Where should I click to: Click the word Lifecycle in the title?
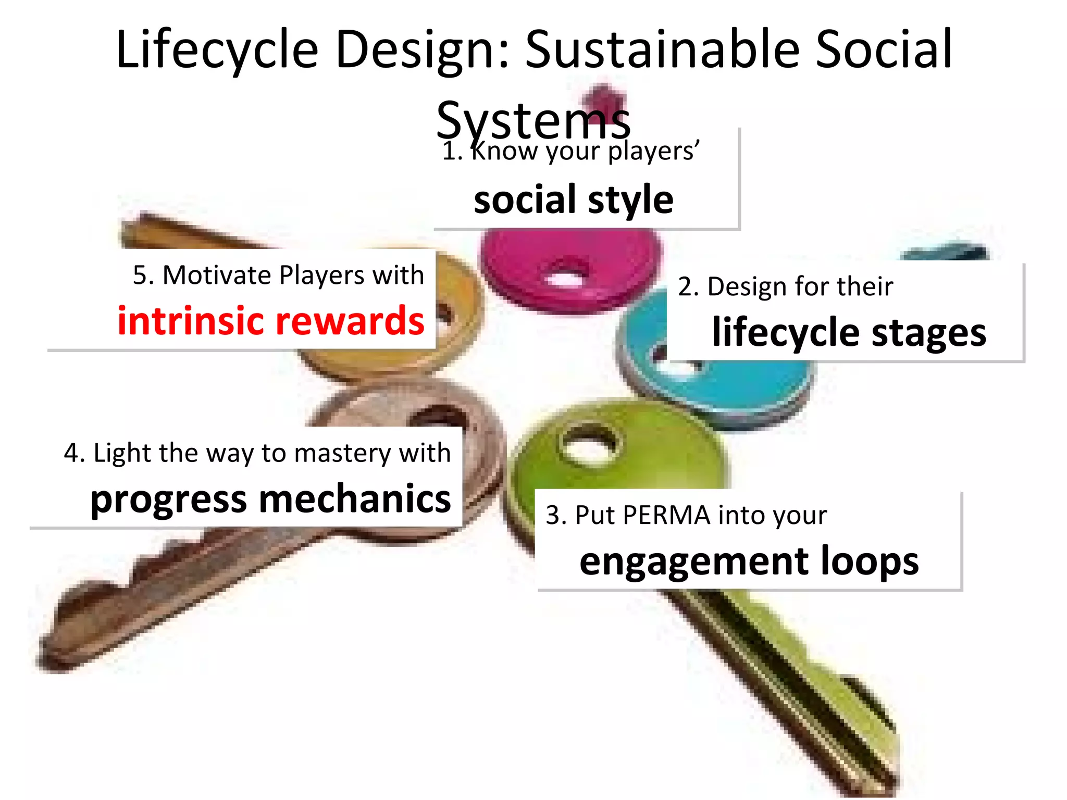click(x=217, y=50)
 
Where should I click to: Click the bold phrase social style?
click(x=573, y=200)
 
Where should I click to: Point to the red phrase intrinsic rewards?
click(x=271, y=321)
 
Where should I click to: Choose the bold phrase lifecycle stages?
click(x=849, y=332)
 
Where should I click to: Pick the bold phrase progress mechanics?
click(x=270, y=499)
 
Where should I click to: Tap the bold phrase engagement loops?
click(x=749, y=561)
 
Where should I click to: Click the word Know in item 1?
click(x=504, y=152)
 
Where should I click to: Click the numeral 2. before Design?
click(x=688, y=287)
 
